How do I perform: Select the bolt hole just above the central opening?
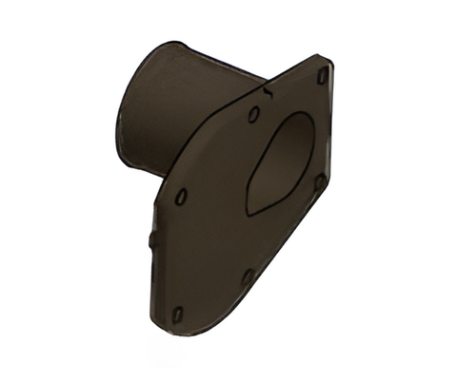(253, 115)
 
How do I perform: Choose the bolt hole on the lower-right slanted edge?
(247, 277)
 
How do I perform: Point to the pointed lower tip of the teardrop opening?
(250, 206)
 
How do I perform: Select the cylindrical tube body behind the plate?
(190, 105)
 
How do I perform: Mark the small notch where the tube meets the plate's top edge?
(269, 92)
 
